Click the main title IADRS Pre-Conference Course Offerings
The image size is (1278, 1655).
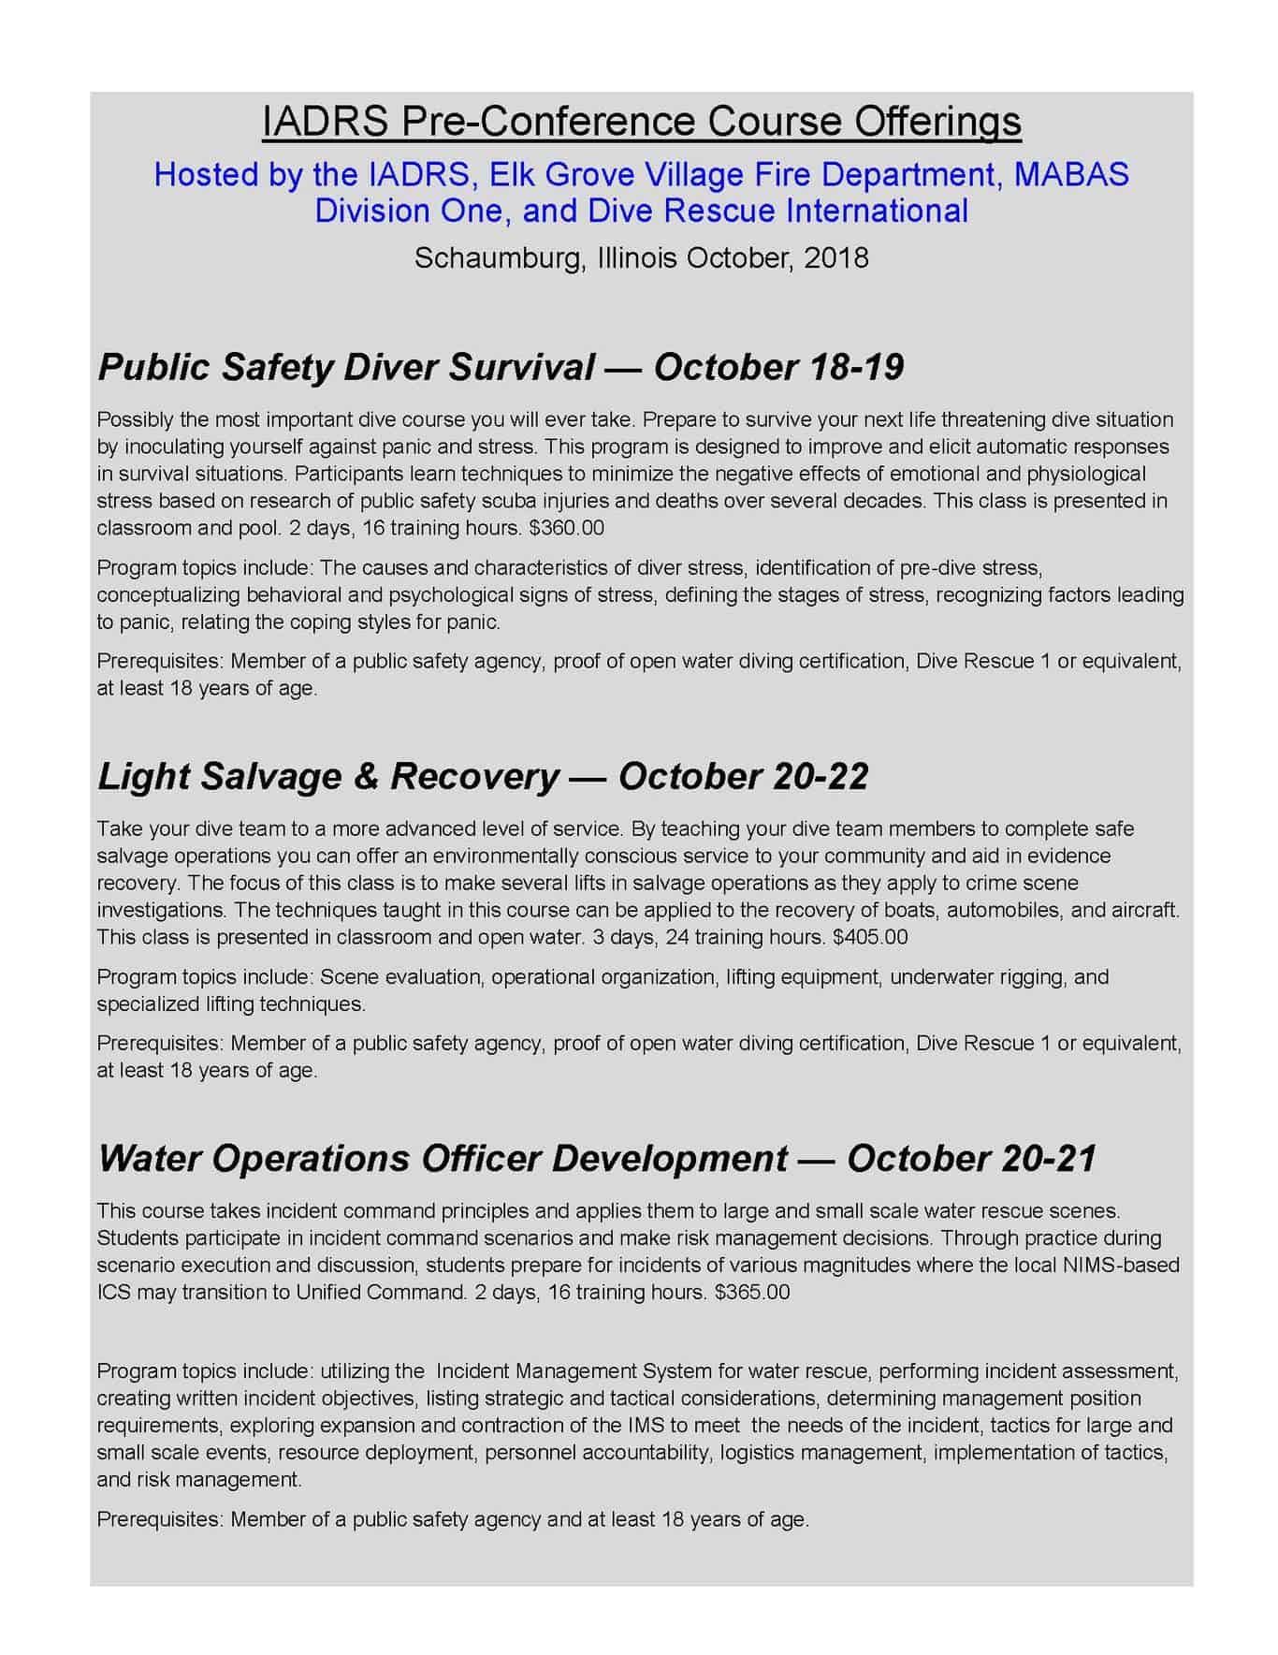point(641,123)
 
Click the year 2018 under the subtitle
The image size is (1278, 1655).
point(835,257)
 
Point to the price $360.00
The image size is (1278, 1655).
point(566,528)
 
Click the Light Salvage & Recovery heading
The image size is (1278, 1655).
point(328,776)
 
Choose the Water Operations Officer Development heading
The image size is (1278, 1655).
point(443,1159)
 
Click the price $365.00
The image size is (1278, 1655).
point(751,1293)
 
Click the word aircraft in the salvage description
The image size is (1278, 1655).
point(1143,910)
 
